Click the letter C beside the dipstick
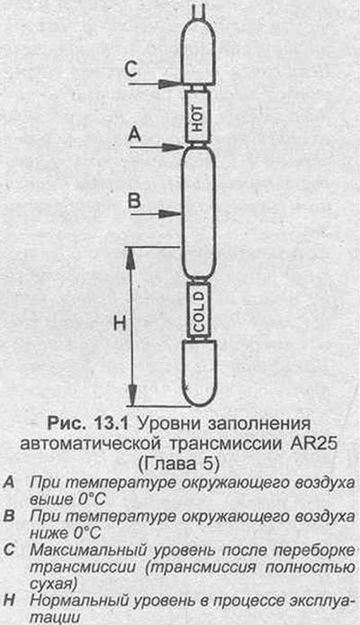click(x=131, y=69)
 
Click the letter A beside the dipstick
click(x=135, y=135)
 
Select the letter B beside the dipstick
click(x=134, y=201)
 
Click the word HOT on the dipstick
click(x=198, y=118)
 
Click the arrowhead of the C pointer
click(x=170, y=84)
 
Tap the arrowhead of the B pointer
click(x=170, y=214)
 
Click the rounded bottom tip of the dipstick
click(x=199, y=406)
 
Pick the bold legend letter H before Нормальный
click(x=9, y=601)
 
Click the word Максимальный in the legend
click(x=79, y=550)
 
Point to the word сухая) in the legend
click(x=52, y=584)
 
